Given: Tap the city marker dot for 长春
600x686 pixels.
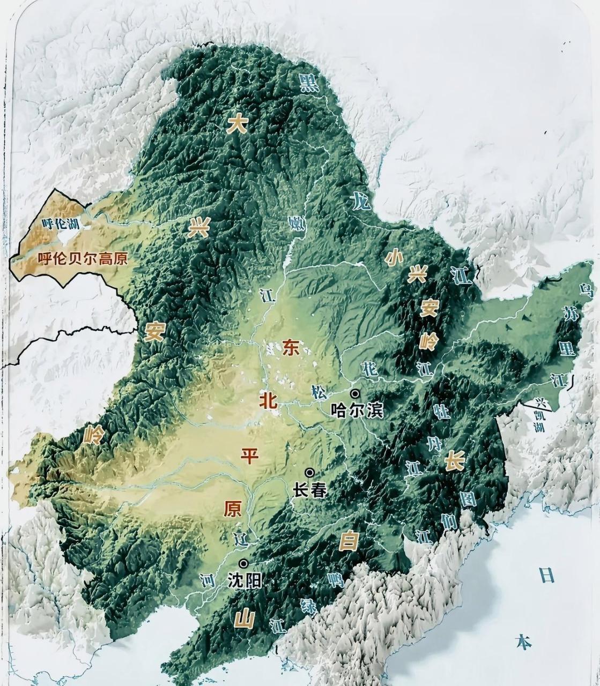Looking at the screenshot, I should [309, 472].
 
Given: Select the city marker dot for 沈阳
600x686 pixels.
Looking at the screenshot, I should [244, 563].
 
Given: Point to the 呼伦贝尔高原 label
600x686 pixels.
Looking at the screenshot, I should [83, 259].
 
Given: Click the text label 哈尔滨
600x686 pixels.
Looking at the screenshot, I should [357, 411].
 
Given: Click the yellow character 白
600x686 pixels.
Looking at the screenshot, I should [349, 542].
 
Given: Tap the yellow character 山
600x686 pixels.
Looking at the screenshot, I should [245, 620].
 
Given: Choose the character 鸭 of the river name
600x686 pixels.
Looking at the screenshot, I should [335, 579].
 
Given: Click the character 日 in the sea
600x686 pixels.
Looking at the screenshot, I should [546, 576].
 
